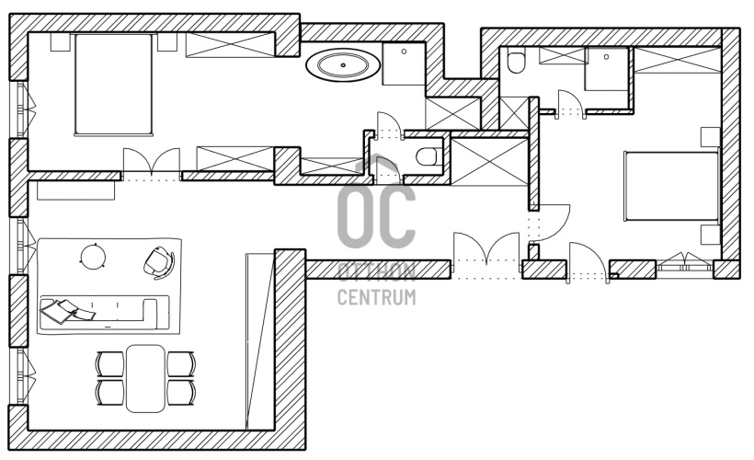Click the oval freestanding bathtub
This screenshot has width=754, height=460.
click(343, 65)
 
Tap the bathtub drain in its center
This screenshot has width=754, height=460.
click(343, 65)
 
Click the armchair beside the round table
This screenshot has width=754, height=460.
click(159, 262)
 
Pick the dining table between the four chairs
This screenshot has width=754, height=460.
click(145, 378)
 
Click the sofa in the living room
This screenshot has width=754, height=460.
click(105, 311)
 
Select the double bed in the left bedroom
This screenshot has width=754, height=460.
click(113, 85)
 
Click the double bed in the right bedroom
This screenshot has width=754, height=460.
click(671, 186)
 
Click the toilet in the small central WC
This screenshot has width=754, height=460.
click(427, 155)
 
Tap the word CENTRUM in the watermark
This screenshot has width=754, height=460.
click(376, 297)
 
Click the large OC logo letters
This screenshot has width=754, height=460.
click(376, 212)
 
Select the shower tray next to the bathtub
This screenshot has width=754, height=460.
click(404, 64)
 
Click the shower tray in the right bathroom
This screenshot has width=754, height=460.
click(606, 69)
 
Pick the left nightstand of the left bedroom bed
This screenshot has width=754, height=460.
click(61, 42)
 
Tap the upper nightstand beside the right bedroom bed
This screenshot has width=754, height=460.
click(710, 137)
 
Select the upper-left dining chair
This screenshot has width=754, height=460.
click(110, 364)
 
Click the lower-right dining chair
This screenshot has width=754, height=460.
click(181, 393)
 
